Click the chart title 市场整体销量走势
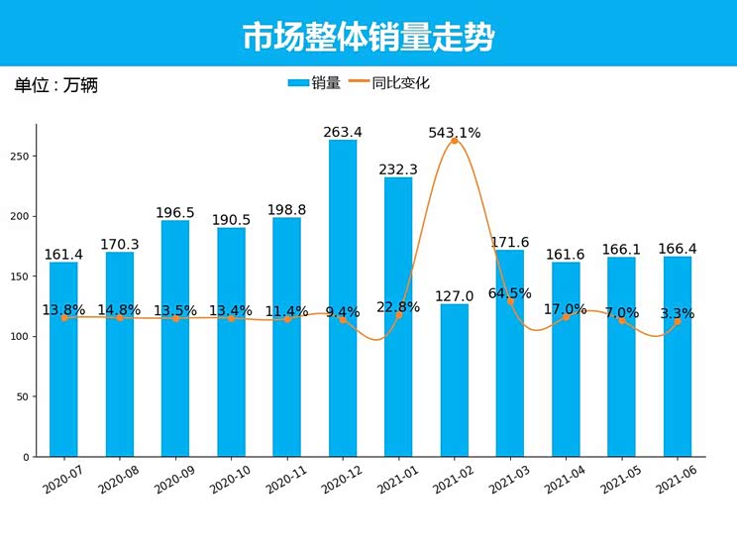click(368, 37)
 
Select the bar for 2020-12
click(343, 297)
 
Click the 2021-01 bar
click(398, 317)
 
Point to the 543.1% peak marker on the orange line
click(455, 141)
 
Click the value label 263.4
click(343, 132)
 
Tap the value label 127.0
click(455, 296)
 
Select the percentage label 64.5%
click(510, 293)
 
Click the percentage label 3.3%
click(678, 313)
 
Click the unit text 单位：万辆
click(55, 85)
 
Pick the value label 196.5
click(175, 213)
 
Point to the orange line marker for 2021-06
click(678, 322)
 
